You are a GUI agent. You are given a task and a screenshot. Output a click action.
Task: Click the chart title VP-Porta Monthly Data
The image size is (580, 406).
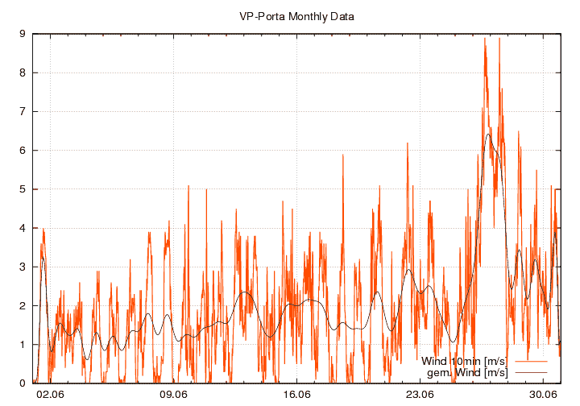click(296, 16)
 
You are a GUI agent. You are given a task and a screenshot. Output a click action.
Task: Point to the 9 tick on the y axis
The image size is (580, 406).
click(23, 34)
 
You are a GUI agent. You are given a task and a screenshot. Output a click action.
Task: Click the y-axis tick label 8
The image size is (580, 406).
click(23, 72)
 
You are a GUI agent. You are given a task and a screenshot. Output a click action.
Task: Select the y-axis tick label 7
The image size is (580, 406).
click(23, 111)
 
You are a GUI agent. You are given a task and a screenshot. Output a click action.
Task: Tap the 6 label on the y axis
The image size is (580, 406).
click(23, 151)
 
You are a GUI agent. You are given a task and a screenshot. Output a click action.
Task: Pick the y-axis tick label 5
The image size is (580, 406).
click(23, 189)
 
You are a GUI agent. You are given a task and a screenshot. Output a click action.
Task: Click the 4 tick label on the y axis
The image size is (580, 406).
click(23, 228)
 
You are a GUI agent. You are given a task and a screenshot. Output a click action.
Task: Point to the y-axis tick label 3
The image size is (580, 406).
click(23, 267)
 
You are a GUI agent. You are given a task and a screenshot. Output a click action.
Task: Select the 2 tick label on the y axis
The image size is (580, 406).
click(23, 306)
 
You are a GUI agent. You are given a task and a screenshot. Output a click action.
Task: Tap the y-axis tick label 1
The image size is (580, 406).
click(23, 345)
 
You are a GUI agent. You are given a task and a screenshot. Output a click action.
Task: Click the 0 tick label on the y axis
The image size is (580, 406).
click(23, 383)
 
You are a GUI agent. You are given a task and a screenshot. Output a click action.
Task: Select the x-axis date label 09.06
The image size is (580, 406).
click(173, 395)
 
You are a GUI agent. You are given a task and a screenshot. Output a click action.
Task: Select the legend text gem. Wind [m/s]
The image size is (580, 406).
click(467, 372)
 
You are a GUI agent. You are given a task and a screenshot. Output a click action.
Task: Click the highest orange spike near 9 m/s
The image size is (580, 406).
click(485, 39)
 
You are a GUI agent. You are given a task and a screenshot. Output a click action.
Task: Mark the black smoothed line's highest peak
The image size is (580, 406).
click(488, 135)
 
